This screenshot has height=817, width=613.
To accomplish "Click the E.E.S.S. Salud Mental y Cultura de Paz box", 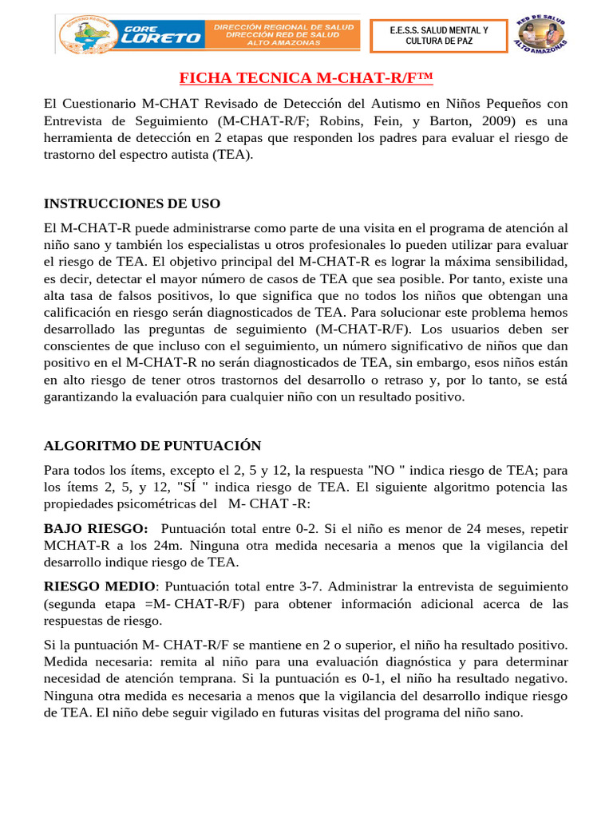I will [x=439, y=35].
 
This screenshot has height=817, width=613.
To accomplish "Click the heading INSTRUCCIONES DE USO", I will [x=132, y=203].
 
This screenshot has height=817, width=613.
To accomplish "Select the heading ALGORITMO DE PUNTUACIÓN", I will [x=152, y=445].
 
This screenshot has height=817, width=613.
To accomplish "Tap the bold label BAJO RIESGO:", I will [x=96, y=529].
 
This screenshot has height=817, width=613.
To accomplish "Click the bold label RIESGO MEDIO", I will [x=101, y=586].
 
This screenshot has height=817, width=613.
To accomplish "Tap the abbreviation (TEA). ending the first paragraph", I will [x=232, y=155].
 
